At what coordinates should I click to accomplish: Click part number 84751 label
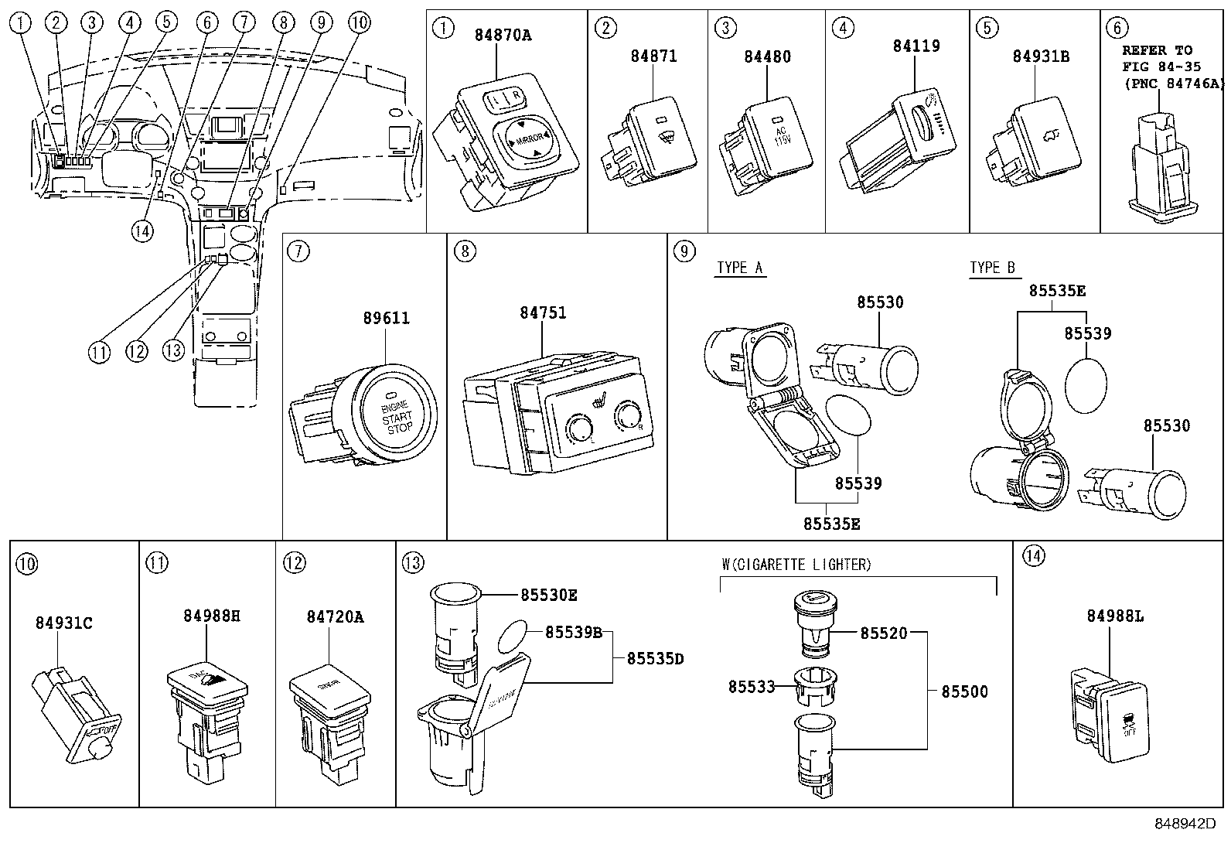pos(542,312)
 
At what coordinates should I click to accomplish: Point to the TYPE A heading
pos(739,268)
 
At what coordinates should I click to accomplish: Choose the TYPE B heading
pos(992,268)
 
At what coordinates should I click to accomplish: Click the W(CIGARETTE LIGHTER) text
pos(796,565)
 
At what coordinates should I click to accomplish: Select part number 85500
pos(964,691)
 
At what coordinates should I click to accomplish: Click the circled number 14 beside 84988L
pos(1033,555)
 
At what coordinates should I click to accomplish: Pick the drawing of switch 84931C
pos(73,711)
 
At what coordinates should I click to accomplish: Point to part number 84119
pos(916,46)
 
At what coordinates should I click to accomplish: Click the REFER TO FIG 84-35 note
pos(1166,67)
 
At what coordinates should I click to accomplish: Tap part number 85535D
pos(655,659)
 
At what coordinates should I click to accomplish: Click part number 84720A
pos(335,616)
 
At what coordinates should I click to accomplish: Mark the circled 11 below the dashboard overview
pos(99,352)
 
